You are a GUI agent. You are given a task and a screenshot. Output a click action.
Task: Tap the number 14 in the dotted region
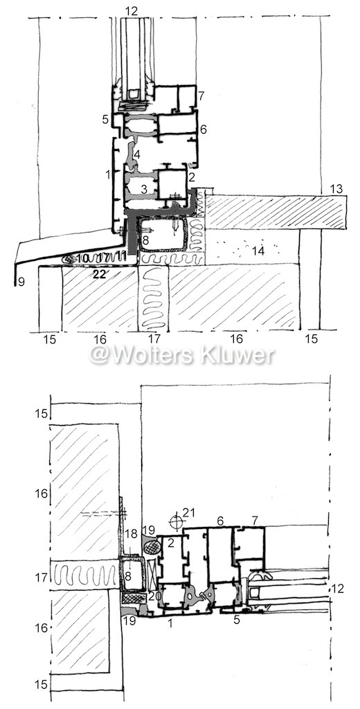pos(258,251)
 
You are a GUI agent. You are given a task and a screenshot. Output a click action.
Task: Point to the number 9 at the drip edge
pos(19,282)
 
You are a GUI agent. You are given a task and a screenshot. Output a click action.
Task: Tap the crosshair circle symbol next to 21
pos(174,521)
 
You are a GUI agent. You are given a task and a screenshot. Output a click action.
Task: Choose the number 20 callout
pos(154,597)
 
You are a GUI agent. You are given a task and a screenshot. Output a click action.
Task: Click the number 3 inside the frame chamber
pos(144,190)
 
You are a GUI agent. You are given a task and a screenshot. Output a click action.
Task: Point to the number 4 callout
pos(136,154)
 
